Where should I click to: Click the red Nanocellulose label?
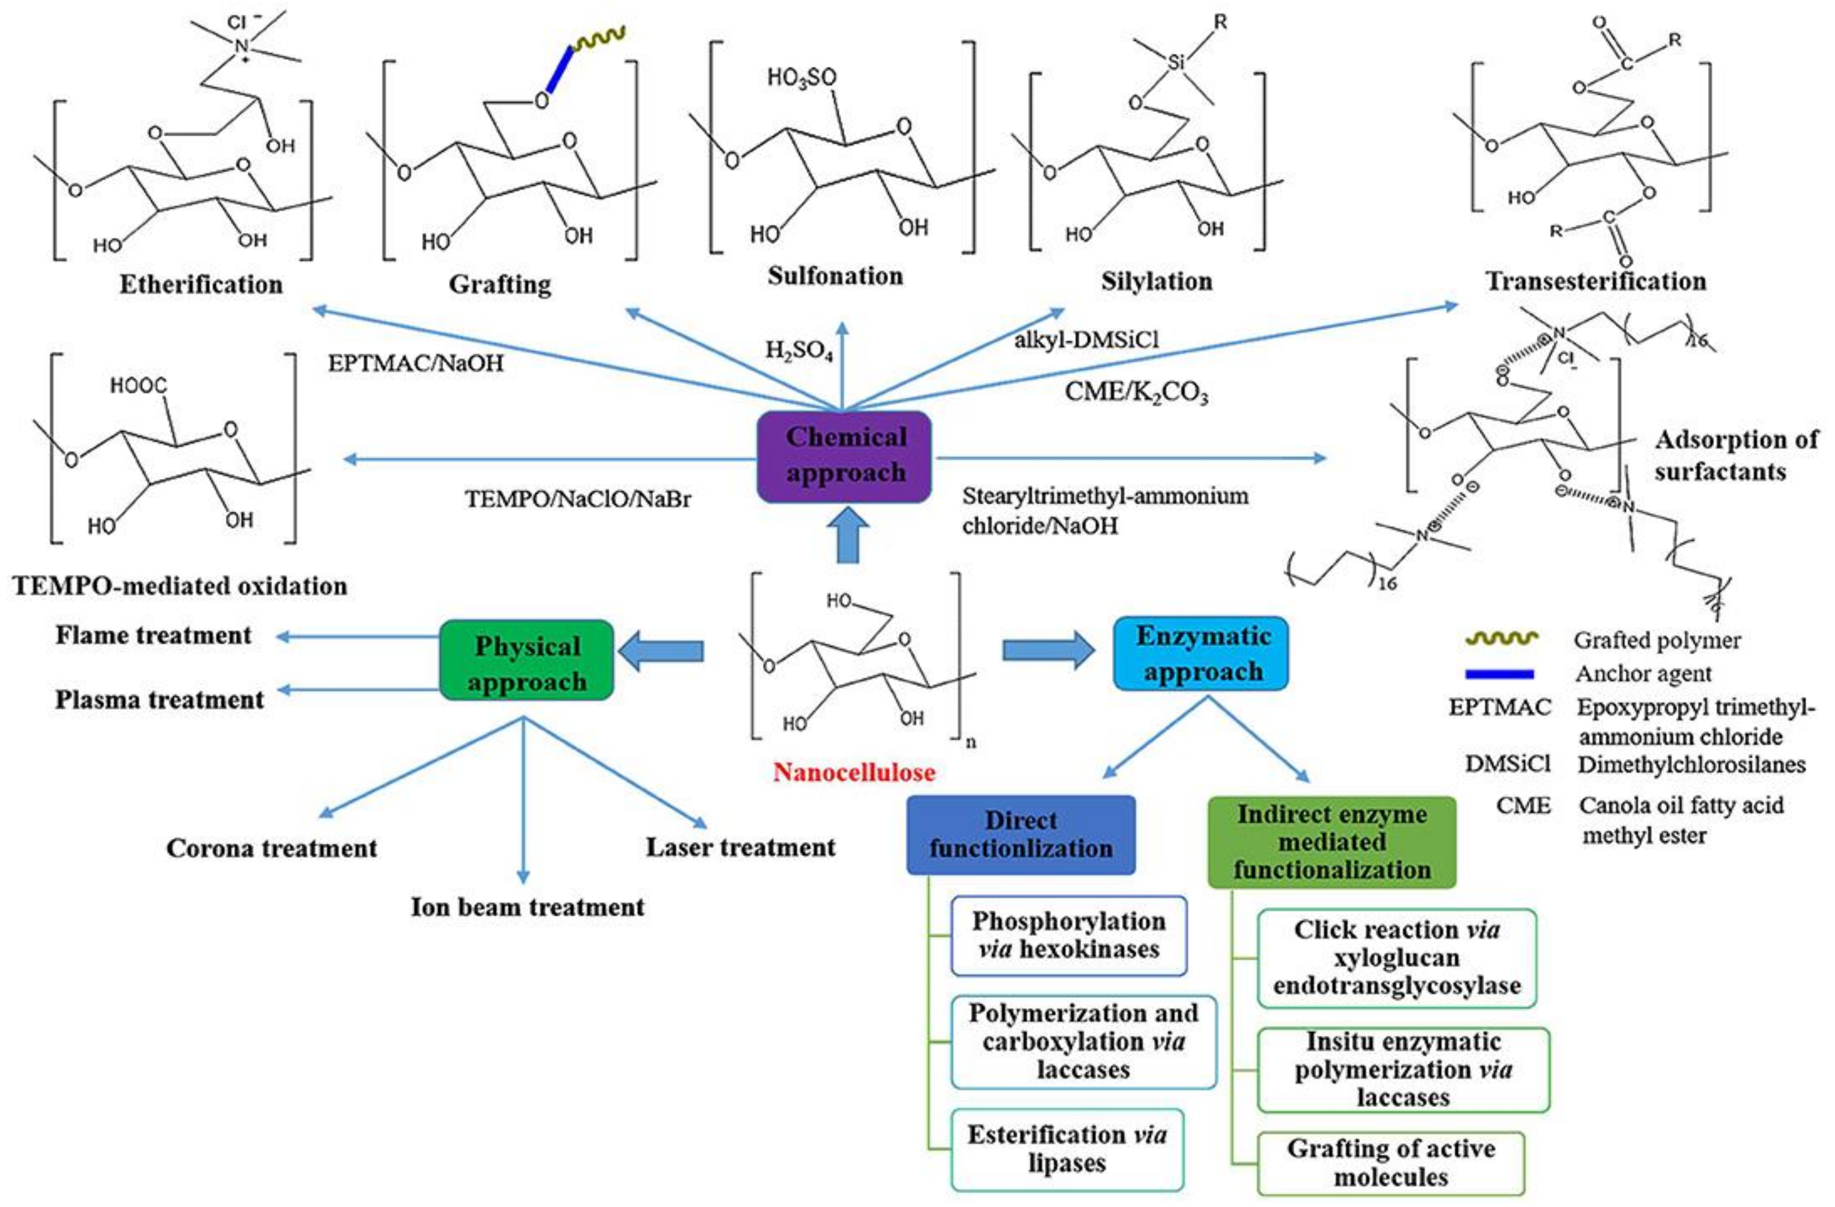pos(854,772)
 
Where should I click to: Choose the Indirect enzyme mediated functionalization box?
pos(1331,842)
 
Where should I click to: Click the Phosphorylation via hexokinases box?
pos(1069,935)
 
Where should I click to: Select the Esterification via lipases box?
pos(1067,1149)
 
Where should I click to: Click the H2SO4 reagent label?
pos(799,352)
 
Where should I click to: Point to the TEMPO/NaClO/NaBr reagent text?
pos(578,499)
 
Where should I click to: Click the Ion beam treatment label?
pos(527,907)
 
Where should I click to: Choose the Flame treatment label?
pos(154,636)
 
